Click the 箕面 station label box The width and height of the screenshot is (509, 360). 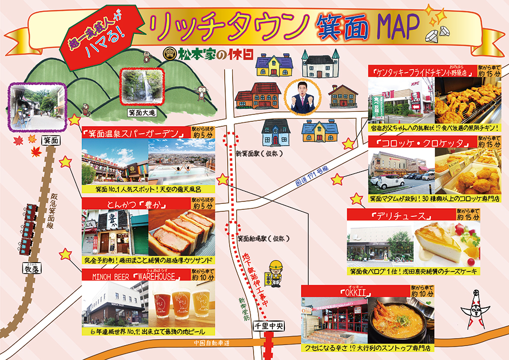click(51, 141)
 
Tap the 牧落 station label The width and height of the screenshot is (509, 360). click(31, 269)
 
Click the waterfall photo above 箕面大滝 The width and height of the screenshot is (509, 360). click(142, 86)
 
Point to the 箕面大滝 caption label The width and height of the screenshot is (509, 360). click(142, 113)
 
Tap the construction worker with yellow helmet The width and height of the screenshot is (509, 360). click(275, 272)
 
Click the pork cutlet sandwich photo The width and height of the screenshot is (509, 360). click(182, 233)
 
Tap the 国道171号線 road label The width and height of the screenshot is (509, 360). click(312, 176)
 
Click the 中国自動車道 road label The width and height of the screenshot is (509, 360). click(212, 343)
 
